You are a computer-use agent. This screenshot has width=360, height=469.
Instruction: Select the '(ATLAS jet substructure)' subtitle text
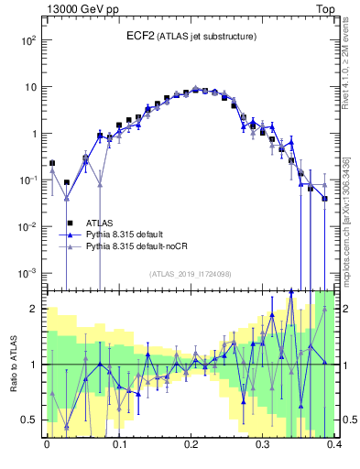click(205, 37)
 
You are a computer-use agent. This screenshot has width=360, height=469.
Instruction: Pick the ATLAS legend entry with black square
click(100, 222)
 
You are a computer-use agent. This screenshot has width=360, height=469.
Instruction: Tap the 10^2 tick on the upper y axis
click(29, 40)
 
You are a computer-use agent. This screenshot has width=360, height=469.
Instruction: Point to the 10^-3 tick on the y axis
click(29, 273)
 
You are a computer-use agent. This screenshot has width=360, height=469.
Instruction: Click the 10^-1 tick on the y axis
click(29, 180)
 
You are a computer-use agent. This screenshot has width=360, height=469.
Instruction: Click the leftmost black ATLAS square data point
click(52, 163)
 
